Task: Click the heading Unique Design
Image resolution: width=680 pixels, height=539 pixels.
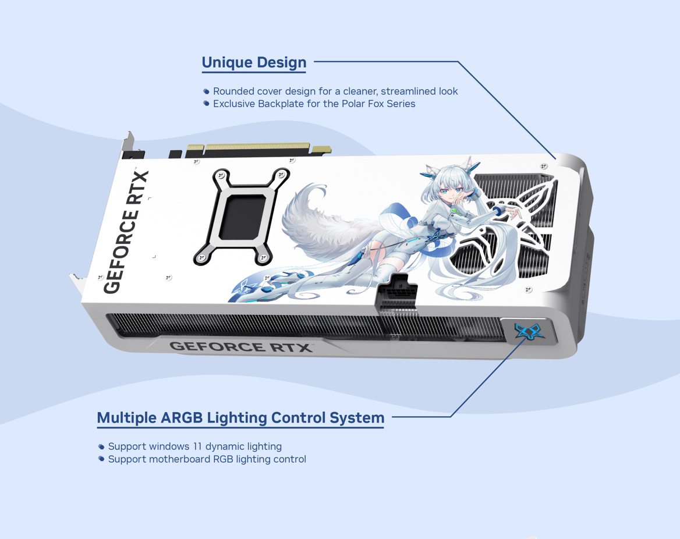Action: point(254,63)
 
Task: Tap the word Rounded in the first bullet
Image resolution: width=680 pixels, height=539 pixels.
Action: point(233,91)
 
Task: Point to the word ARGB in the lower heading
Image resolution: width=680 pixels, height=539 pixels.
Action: point(182,417)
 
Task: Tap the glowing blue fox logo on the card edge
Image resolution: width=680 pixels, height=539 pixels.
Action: point(529,332)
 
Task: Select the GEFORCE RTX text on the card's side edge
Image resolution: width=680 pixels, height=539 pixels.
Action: point(240,346)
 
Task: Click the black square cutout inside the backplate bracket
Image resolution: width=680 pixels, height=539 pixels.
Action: point(242,217)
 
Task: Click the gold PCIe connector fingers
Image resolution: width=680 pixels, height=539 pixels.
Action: point(256,148)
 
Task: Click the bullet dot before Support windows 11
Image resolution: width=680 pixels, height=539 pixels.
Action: point(101,446)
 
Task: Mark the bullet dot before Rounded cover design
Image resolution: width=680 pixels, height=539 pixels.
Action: point(207,91)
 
